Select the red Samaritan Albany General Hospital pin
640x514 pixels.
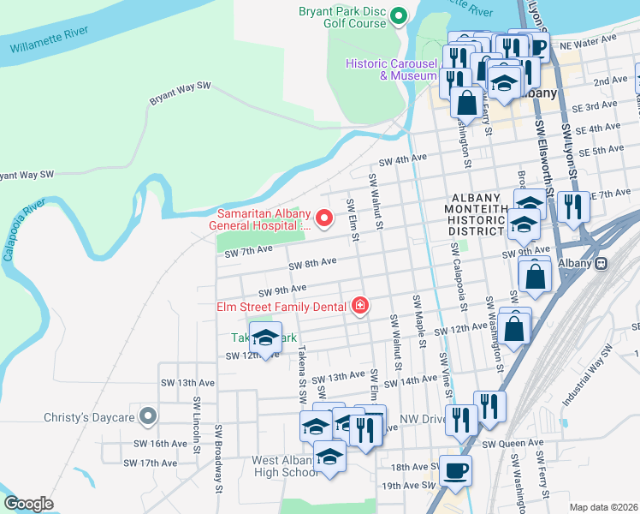[x=324, y=220]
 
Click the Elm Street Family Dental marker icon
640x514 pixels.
[x=360, y=306]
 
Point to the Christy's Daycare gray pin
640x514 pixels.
[x=148, y=418]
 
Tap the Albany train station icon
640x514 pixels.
[x=601, y=263]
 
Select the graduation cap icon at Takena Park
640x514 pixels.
[x=265, y=337]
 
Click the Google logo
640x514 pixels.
[x=28, y=503]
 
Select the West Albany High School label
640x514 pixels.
[x=285, y=466]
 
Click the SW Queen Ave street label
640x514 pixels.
[x=513, y=443]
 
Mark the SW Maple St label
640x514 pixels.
[x=419, y=318]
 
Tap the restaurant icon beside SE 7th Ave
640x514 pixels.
[x=573, y=206]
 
